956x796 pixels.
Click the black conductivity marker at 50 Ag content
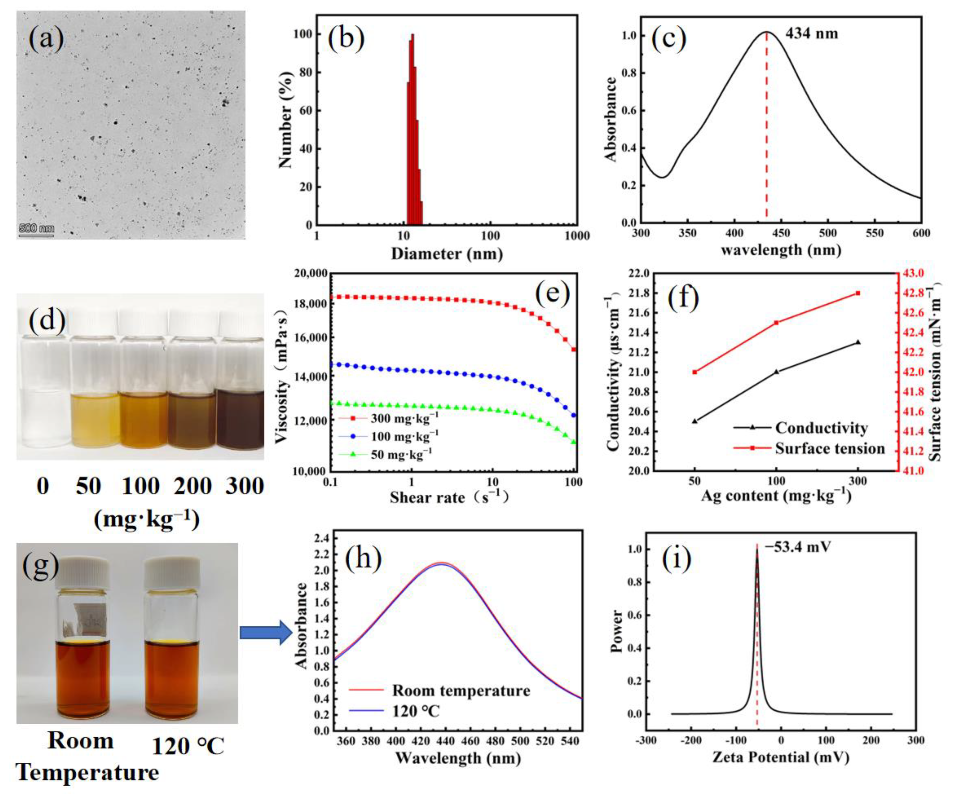pyautogui.click(x=695, y=421)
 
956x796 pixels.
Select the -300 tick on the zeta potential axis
pyautogui.click(x=646, y=740)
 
